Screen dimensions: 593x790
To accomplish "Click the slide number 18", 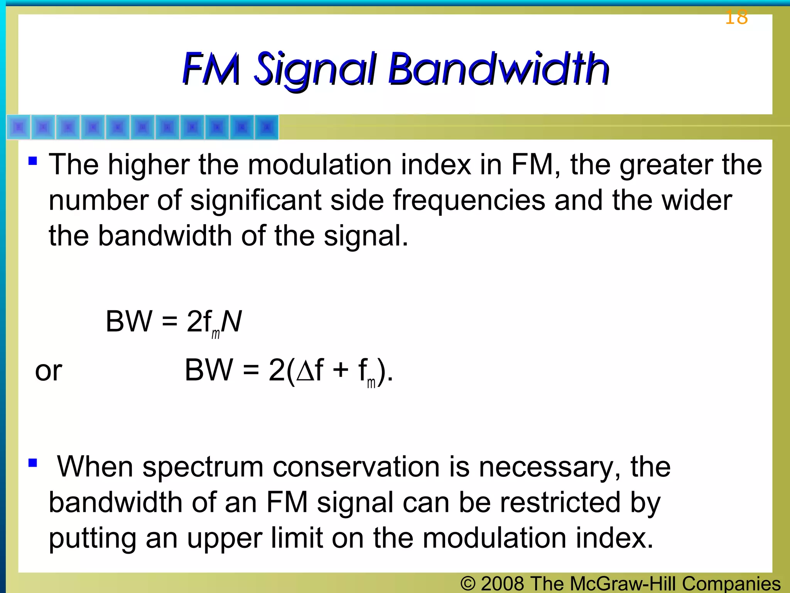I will (736, 18).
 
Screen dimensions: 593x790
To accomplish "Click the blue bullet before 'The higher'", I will (33, 160).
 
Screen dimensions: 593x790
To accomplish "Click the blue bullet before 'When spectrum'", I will (33, 462).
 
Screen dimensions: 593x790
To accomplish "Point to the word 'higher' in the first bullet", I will (149, 165).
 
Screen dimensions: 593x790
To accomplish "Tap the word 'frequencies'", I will (469, 201).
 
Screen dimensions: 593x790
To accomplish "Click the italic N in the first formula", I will (231, 321).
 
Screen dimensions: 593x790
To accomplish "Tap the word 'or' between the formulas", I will (49, 371).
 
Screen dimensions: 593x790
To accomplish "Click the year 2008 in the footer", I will (502, 583).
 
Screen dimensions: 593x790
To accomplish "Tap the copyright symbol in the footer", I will (468, 583).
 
